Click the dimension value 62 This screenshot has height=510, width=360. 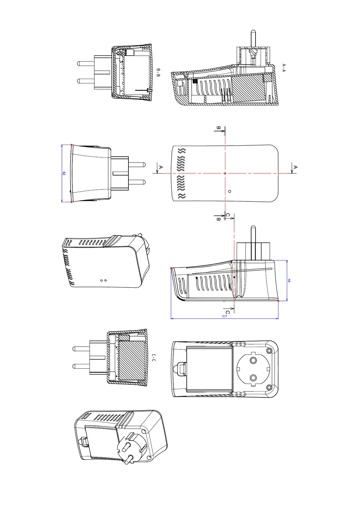64,173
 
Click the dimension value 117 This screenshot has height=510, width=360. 224,316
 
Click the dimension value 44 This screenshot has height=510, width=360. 289,280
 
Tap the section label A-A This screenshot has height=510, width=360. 284,68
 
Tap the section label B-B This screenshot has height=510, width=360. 158,72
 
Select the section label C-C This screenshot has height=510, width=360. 154,357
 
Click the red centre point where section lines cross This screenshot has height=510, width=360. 225,173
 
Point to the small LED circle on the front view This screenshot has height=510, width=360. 229,191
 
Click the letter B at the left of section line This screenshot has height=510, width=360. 218,128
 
